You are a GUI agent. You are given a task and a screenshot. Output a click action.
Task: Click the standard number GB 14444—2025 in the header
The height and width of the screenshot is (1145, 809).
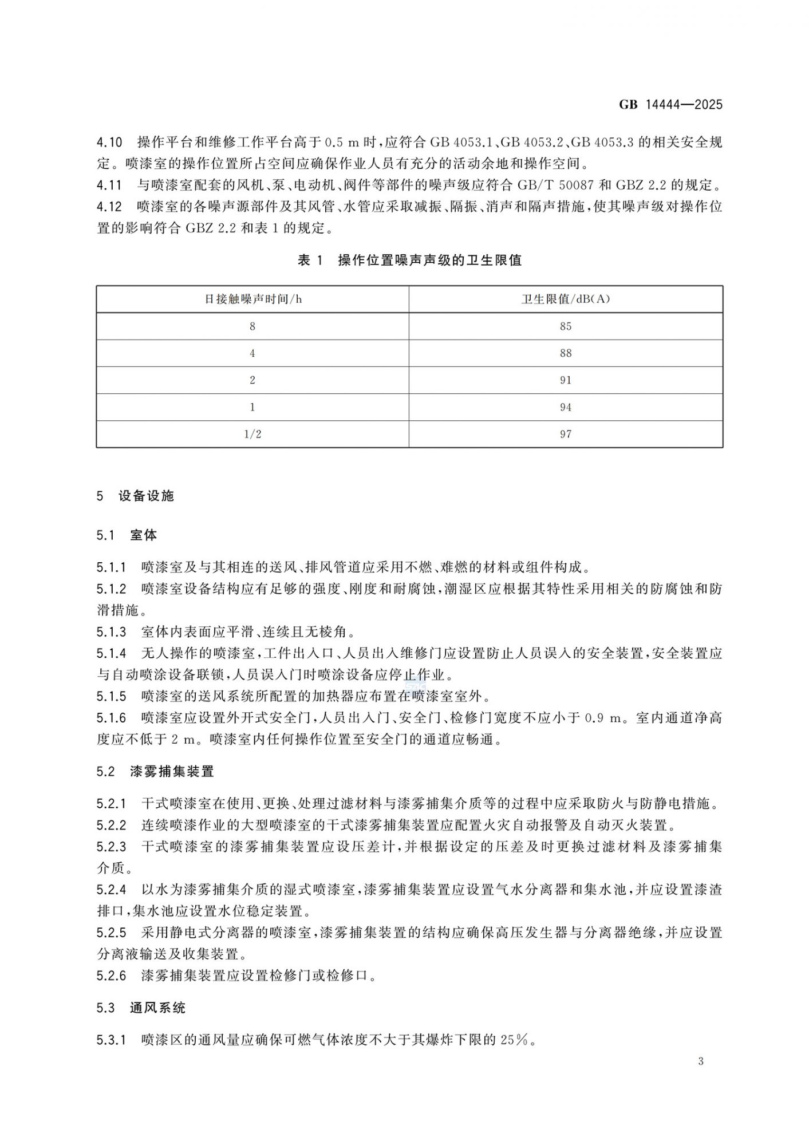click(x=670, y=104)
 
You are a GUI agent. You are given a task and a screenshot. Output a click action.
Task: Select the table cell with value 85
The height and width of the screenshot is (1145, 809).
click(x=566, y=326)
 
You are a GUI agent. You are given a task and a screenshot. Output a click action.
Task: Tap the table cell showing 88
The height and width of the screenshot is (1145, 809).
click(x=566, y=353)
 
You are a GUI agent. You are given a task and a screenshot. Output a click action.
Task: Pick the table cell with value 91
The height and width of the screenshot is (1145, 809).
click(x=566, y=380)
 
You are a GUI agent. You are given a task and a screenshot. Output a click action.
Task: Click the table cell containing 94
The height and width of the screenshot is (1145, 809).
click(x=566, y=407)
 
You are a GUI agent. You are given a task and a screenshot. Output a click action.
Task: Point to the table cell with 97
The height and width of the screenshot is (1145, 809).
click(x=566, y=434)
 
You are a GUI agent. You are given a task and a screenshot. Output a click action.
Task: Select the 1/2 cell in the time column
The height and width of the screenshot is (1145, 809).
click(x=252, y=434)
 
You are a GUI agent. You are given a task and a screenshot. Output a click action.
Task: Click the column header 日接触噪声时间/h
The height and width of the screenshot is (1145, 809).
click(x=253, y=299)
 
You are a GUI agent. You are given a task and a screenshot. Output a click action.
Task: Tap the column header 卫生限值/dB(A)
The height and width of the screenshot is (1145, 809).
click(x=566, y=299)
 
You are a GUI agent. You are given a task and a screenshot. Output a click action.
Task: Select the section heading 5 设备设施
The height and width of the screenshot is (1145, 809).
click(x=136, y=496)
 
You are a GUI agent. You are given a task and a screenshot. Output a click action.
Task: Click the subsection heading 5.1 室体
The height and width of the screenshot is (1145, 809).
click(x=127, y=535)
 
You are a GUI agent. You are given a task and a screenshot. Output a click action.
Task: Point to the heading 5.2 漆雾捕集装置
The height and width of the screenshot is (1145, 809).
click(x=155, y=771)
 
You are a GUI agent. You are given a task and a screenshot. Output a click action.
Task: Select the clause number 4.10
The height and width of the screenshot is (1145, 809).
click(x=109, y=142)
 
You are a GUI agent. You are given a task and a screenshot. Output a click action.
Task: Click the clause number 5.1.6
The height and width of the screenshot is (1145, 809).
click(x=111, y=717)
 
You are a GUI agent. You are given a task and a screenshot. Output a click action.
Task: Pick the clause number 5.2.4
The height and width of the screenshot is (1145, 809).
click(x=111, y=890)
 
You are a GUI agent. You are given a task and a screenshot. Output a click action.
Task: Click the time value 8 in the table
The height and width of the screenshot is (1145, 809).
click(x=252, y=326)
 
